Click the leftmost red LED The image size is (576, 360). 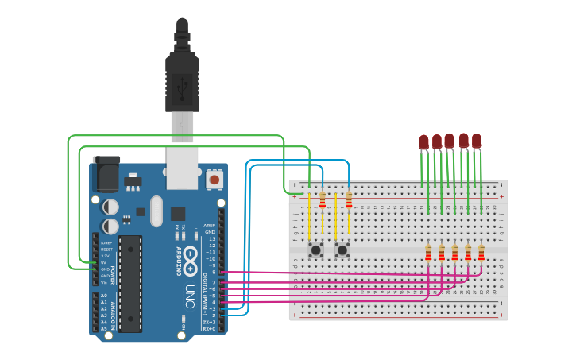click(x=423, y=142)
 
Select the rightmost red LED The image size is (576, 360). click(x=477, y=141)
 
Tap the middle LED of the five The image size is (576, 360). click(x=450, y=141)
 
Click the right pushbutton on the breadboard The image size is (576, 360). click(x=342, y=250)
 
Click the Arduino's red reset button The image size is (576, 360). click(x=214, y=180)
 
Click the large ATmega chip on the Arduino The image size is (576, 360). click(x=130, y=282)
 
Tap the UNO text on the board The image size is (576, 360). click(x=190, y=292)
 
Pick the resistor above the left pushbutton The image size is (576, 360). click(x=322, y=200)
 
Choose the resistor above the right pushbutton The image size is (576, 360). click(x=349, y=200)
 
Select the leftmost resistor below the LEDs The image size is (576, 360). click(x=429, y=253)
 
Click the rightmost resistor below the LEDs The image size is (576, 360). click(x=481, y=253)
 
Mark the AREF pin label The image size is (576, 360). click(x=210, y=225)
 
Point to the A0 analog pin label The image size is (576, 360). click(x=103, y=296)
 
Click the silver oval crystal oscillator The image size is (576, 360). click(x=156, y=211)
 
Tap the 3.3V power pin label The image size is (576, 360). click(x=105, y=256)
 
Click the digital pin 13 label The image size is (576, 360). click(x=211, y=238)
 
